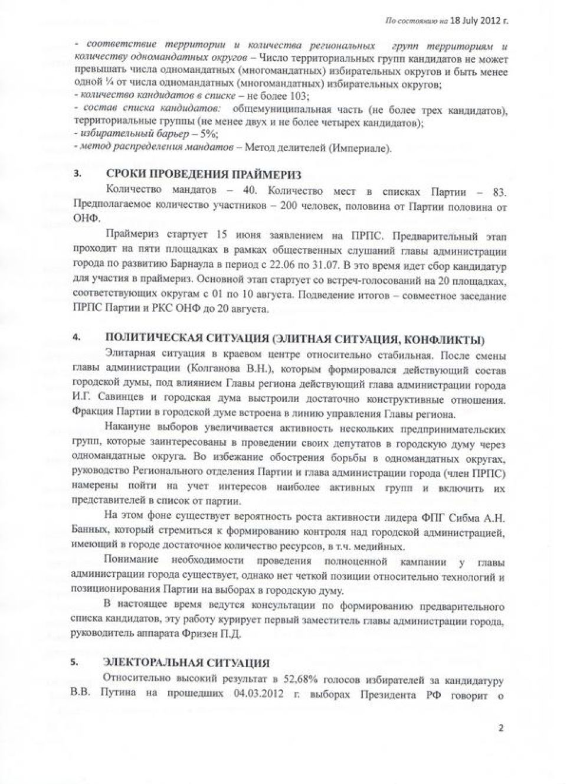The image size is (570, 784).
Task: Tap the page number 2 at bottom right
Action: point(501,728)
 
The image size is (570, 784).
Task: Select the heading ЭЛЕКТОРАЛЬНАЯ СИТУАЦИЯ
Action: point(186,662)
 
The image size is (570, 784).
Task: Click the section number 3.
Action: point(77,175)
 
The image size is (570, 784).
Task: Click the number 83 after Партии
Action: point(500,192)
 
